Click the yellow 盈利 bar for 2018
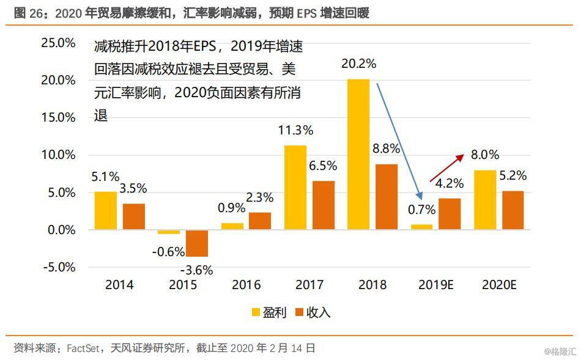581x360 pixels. click(x=358, y=155)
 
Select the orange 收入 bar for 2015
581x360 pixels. click(x=197, y=243)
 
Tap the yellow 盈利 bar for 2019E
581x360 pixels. click(x=421, y=227)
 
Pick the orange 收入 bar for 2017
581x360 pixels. click(x=324, y=205)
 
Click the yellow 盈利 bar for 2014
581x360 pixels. click(x=106, y=211)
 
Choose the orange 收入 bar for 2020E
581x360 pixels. click(x=513, y=210)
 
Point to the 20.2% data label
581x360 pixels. click(x=358, y=64)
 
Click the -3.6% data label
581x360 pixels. click(x=196, y=270)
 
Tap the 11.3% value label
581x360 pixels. click(x=295, y=130)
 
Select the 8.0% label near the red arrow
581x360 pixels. click(x=485, y=155)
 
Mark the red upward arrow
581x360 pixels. click(x=447, y=168)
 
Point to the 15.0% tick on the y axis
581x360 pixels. click(x=58, y=117)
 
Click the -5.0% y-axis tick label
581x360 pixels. click(x=59, y=267)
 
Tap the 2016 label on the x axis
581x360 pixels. click(x=246, y=285)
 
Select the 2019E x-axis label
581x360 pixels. click(x=435, y=285)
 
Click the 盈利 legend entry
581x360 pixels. click(x=269, y=312)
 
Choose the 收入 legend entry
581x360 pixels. click(x=313, y=312)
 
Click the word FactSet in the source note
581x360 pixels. click(x=83, y=348)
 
